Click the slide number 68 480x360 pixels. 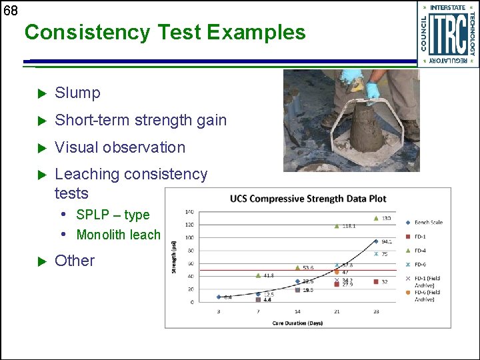[10, 11]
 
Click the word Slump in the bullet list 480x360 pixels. [77, 93]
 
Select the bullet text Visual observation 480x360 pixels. [119, 147]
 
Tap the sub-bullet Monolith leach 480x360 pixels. [118, 235]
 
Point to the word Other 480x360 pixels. [75, 261]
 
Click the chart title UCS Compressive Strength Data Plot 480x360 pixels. [308, 199]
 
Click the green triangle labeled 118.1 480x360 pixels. [337, 226]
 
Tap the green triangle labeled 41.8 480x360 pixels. [258, 275]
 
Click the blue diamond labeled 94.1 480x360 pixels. [376, 241]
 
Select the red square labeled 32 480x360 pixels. [376, 282]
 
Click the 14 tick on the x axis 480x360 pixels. [297, 312]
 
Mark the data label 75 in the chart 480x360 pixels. [385, 254]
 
